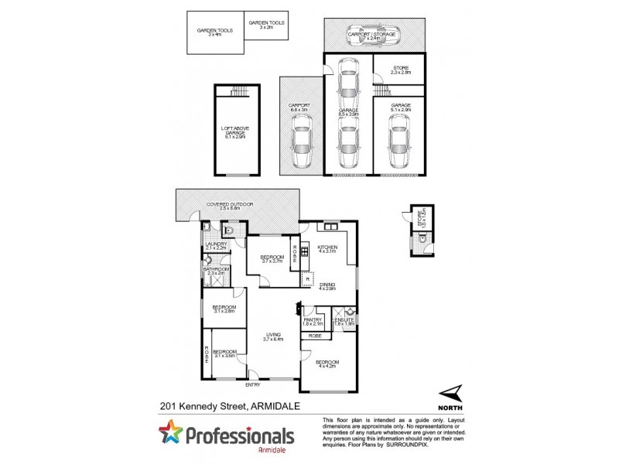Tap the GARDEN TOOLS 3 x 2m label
pyautogui.click(x=266, y=25)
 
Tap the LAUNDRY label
pyautogui.click(x=216, y=246)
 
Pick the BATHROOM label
pyautogui.click(x=214, y=271)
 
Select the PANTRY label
pyautogui.click(x=313, y=321)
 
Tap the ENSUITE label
pyautogui.click(x=344, y=321)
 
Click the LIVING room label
pyautogui.click(x=274, y=336)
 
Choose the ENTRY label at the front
pyautogui.click(x=253, y=384)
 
